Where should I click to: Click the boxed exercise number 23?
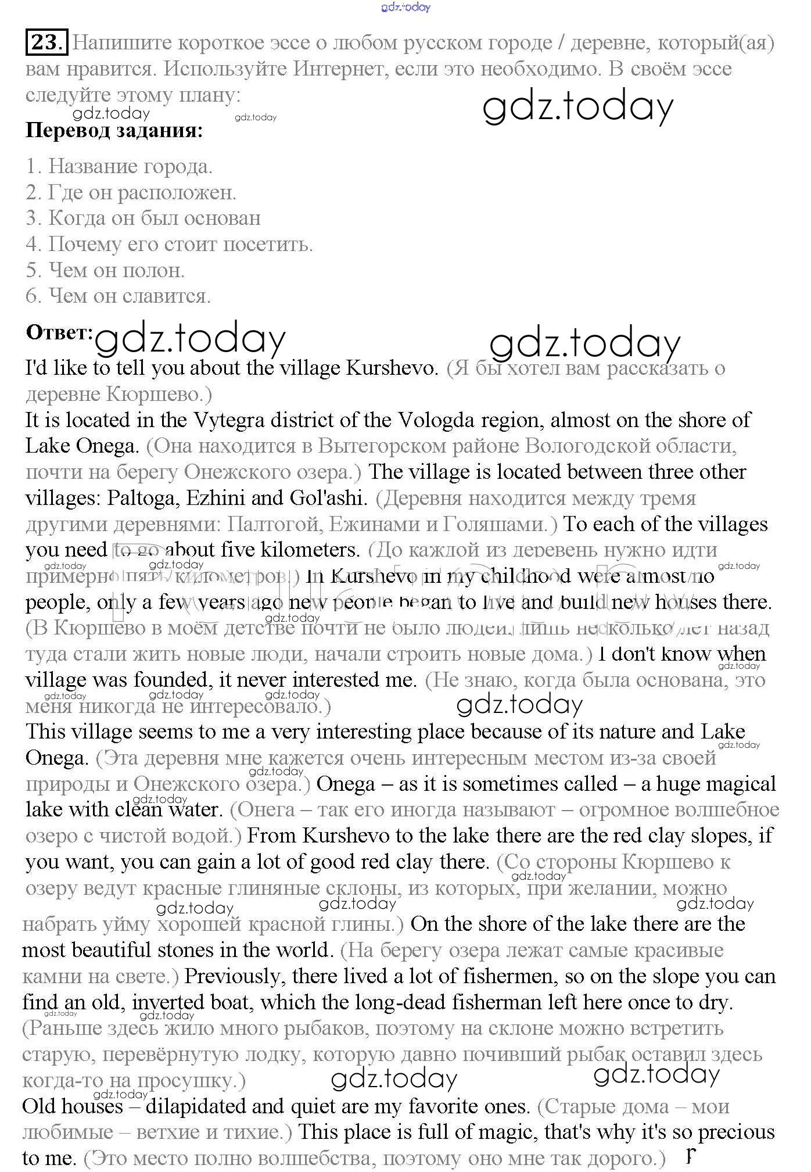pyautogui.click(x=46, y=42)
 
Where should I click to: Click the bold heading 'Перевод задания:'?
pyautogui.click(x=114, y=130)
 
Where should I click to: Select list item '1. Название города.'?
pyautogui.click(x=119, y=167)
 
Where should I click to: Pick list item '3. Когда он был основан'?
pyautogui.click(x=143, y=218)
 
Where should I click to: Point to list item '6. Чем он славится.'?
pyautogui.click(x=118, y=296)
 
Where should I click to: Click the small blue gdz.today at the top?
pyautogui.click(x=406, y=7)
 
